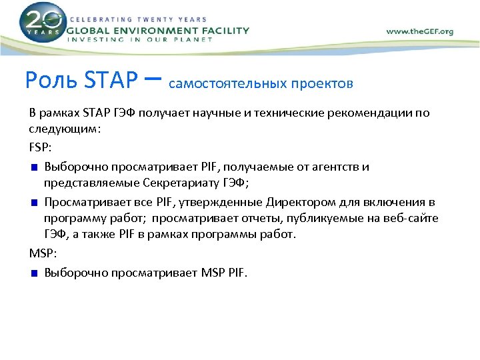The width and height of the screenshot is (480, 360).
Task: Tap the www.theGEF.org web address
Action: click(419, 31)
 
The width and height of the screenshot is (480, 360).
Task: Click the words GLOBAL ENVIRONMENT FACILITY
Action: click(159, 30)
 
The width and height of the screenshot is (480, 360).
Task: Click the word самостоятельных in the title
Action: click(229, 84)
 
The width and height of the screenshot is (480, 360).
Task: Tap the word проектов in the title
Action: click(323, 84)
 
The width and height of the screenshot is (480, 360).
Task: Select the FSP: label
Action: click(40, 145)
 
